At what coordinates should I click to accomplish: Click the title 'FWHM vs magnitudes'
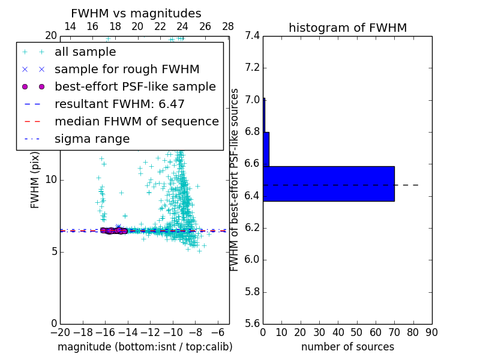136,14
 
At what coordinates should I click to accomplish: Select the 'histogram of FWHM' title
347,28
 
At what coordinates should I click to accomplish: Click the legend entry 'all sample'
85,52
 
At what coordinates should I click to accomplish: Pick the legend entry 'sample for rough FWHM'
127,69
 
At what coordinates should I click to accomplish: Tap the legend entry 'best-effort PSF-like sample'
135,86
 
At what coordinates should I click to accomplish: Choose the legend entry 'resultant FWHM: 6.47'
119,104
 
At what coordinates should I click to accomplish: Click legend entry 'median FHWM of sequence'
136,121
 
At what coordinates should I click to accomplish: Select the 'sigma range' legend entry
92,139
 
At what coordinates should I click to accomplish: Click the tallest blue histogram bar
328,184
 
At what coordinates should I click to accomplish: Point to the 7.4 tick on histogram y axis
252,36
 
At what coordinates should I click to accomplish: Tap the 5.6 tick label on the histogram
252,324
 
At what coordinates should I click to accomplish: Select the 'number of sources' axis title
347,347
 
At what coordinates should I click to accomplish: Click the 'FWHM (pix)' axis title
35,180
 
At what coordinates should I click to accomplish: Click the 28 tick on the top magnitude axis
228,26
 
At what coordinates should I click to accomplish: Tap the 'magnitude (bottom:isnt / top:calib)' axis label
145,347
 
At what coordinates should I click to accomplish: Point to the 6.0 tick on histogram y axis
252,260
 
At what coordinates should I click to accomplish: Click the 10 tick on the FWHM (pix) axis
50,180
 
